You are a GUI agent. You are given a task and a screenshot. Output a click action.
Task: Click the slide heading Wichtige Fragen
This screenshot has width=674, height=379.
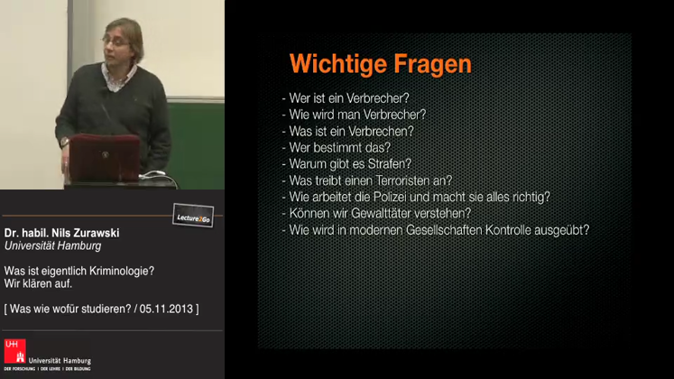(x=380, y=64)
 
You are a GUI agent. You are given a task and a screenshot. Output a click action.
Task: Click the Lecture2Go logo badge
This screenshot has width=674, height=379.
(x=192, y=216)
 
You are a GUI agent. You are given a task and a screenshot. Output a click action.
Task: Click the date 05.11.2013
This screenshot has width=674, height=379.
(x=164, y=310)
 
